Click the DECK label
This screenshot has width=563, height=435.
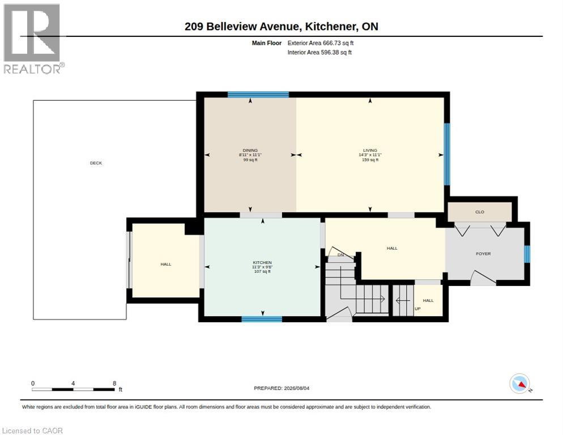tap(96, 163)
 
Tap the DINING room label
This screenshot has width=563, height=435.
tap(250, 151)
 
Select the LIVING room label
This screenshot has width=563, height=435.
tap(370, 151)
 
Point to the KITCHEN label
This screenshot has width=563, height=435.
tap(262, 263)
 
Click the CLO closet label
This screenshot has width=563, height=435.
tap(480, 212)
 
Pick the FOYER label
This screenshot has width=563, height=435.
tap(483, 254)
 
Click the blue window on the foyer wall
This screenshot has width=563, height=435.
tap(527, 254)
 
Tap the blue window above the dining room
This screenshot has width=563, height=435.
tap(258, 95)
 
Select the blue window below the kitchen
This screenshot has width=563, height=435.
tap(262, 319)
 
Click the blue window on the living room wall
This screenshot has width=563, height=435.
tap(447, 154)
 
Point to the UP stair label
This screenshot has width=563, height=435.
tap(417, 309)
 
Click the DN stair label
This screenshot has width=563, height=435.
tap(341, 255)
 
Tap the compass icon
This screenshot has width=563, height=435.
tap(520, 383)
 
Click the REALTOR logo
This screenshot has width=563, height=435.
tap(34, 39)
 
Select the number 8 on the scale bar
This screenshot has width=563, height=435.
tap(114, 383)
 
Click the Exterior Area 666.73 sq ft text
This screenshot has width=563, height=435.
tap(321, 43)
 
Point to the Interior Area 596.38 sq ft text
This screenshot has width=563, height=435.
tap(319, 53)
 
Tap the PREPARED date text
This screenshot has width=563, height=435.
tap(281, 389)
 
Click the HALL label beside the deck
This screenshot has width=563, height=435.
tap(166, 265)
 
